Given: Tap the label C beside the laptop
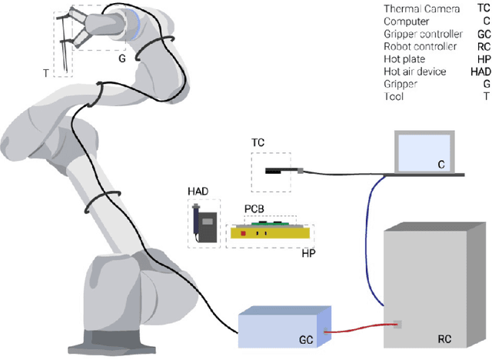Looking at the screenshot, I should [441, 164].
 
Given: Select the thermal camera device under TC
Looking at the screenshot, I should [281, 171].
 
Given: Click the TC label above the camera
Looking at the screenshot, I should [258, 144].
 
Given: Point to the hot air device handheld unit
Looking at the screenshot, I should [204, 224].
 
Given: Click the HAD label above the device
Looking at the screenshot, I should [198, 191].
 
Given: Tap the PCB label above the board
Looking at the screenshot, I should [254, 208].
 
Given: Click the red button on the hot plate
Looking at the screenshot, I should [244, 232].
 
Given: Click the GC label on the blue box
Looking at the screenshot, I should [306, 338].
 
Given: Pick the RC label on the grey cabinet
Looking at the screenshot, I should [444, 338].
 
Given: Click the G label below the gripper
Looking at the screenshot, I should [121, 58].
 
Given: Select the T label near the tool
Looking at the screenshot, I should [45, 73].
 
